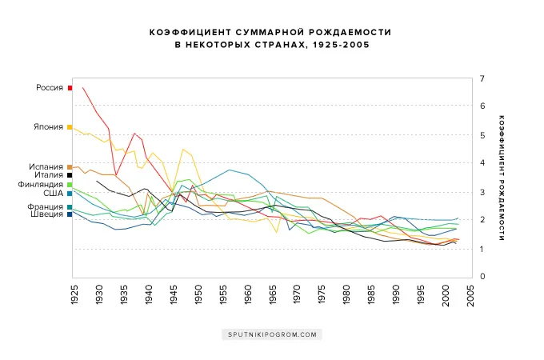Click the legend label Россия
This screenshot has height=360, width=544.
click(50, 88)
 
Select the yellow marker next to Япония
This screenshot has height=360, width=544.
click(70, 127)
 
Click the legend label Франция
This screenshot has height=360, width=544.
click(47, 206)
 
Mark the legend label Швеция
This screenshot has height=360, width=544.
click(49, 214)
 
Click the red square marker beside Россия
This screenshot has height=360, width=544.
click(70, 88)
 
